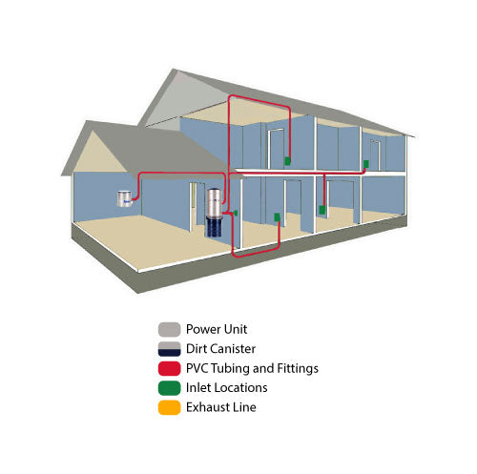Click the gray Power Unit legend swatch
pos(169,329)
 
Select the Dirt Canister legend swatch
pos(169,349)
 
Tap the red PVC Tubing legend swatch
pos(169,368)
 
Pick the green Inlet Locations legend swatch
pos(169,388)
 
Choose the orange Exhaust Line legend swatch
pos(169,407)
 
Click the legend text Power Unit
pos(217,329)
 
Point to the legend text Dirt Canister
pos(220,349)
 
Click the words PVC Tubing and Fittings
pos(252,368)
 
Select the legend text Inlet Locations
pos(226,388)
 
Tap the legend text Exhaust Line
pos(221,407)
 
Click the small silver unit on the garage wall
pos(125,198)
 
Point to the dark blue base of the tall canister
pos(215,226)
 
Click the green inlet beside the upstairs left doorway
pos(287,161)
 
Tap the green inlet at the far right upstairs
pos(366,164)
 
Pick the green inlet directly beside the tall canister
pos(236,213)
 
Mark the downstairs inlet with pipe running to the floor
pos(278,217)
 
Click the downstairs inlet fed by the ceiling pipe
pos(322,210)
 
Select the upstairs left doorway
pos(276,149)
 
